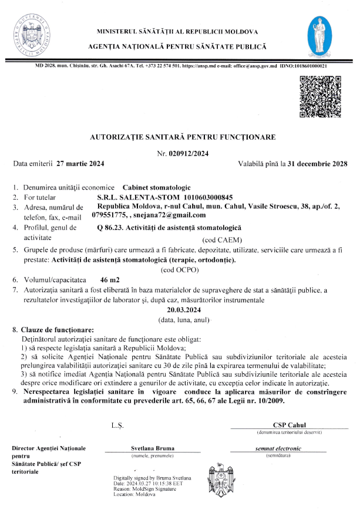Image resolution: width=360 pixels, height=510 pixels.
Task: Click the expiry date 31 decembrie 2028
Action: tap(317, 163)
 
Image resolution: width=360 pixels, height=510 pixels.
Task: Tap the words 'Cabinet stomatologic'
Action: tap(158, 186)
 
